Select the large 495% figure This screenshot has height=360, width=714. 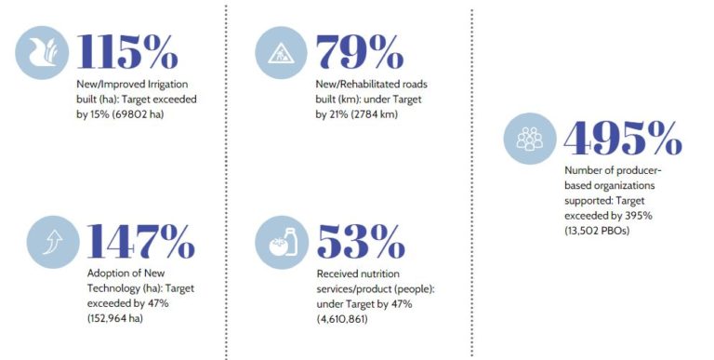[x=623, y=138]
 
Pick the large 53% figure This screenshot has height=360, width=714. [x=361, y=242]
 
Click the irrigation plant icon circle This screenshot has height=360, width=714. [x=42, y=53]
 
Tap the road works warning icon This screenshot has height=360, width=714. [x=281, y=53]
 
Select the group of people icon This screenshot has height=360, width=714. [x=530, y=139]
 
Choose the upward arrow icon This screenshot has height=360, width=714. [x=53, y=242]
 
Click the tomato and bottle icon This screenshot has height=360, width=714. [x=282, y=243]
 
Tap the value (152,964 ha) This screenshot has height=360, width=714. [x=114, y=318]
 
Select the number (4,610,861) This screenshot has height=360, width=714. [x=342, y=318]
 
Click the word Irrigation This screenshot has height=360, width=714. [x=167, y=85]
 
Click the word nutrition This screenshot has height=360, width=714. [x=379, y=273]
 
